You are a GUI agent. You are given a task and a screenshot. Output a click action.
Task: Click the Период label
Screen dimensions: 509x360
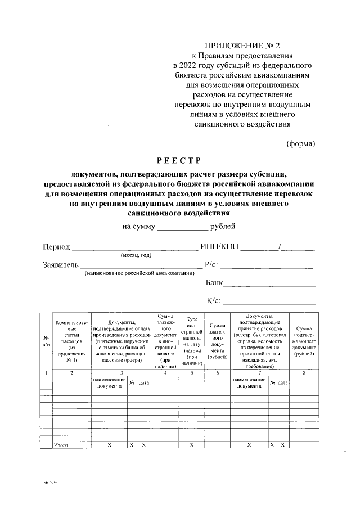pyautogui.click(x=56, y=247)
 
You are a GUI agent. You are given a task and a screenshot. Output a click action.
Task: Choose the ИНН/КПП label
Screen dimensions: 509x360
pyautogui.click(x=220, y=247)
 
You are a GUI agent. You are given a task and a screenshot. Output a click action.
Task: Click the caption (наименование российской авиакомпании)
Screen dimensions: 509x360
pyautogui.click(x=140, y=273)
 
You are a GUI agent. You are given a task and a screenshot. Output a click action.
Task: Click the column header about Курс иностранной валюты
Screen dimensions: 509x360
pyautogui.click(x=192, y=340)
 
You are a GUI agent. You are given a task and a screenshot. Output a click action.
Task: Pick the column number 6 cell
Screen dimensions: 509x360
pyautogui.click(x=217, y=372)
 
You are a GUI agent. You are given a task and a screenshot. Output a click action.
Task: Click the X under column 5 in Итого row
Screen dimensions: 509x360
pyautogui.click(x=192, y=445)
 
